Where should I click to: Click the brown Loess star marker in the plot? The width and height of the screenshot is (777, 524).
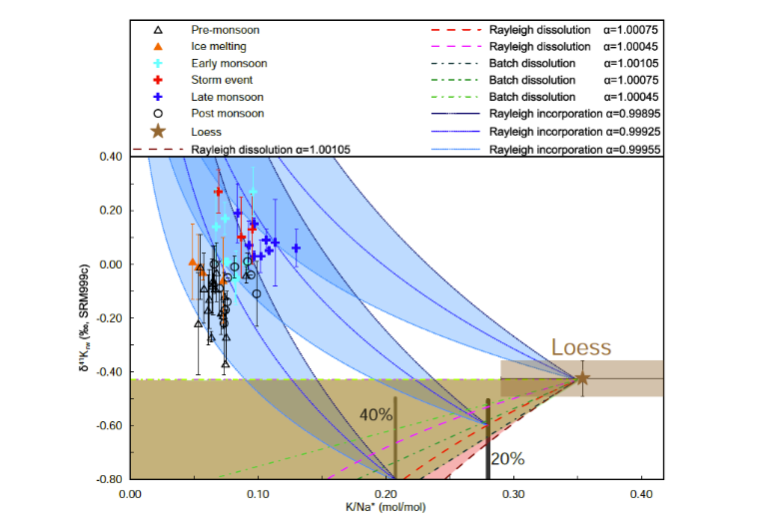coord(582,378)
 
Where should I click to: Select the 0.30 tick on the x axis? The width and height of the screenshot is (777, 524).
coord(514,493)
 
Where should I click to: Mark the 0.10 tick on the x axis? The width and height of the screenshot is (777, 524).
coord(258,493)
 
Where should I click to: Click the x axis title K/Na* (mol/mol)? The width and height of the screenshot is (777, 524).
coord(385,508)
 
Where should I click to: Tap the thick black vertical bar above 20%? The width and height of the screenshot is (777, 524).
coord(487,439)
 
